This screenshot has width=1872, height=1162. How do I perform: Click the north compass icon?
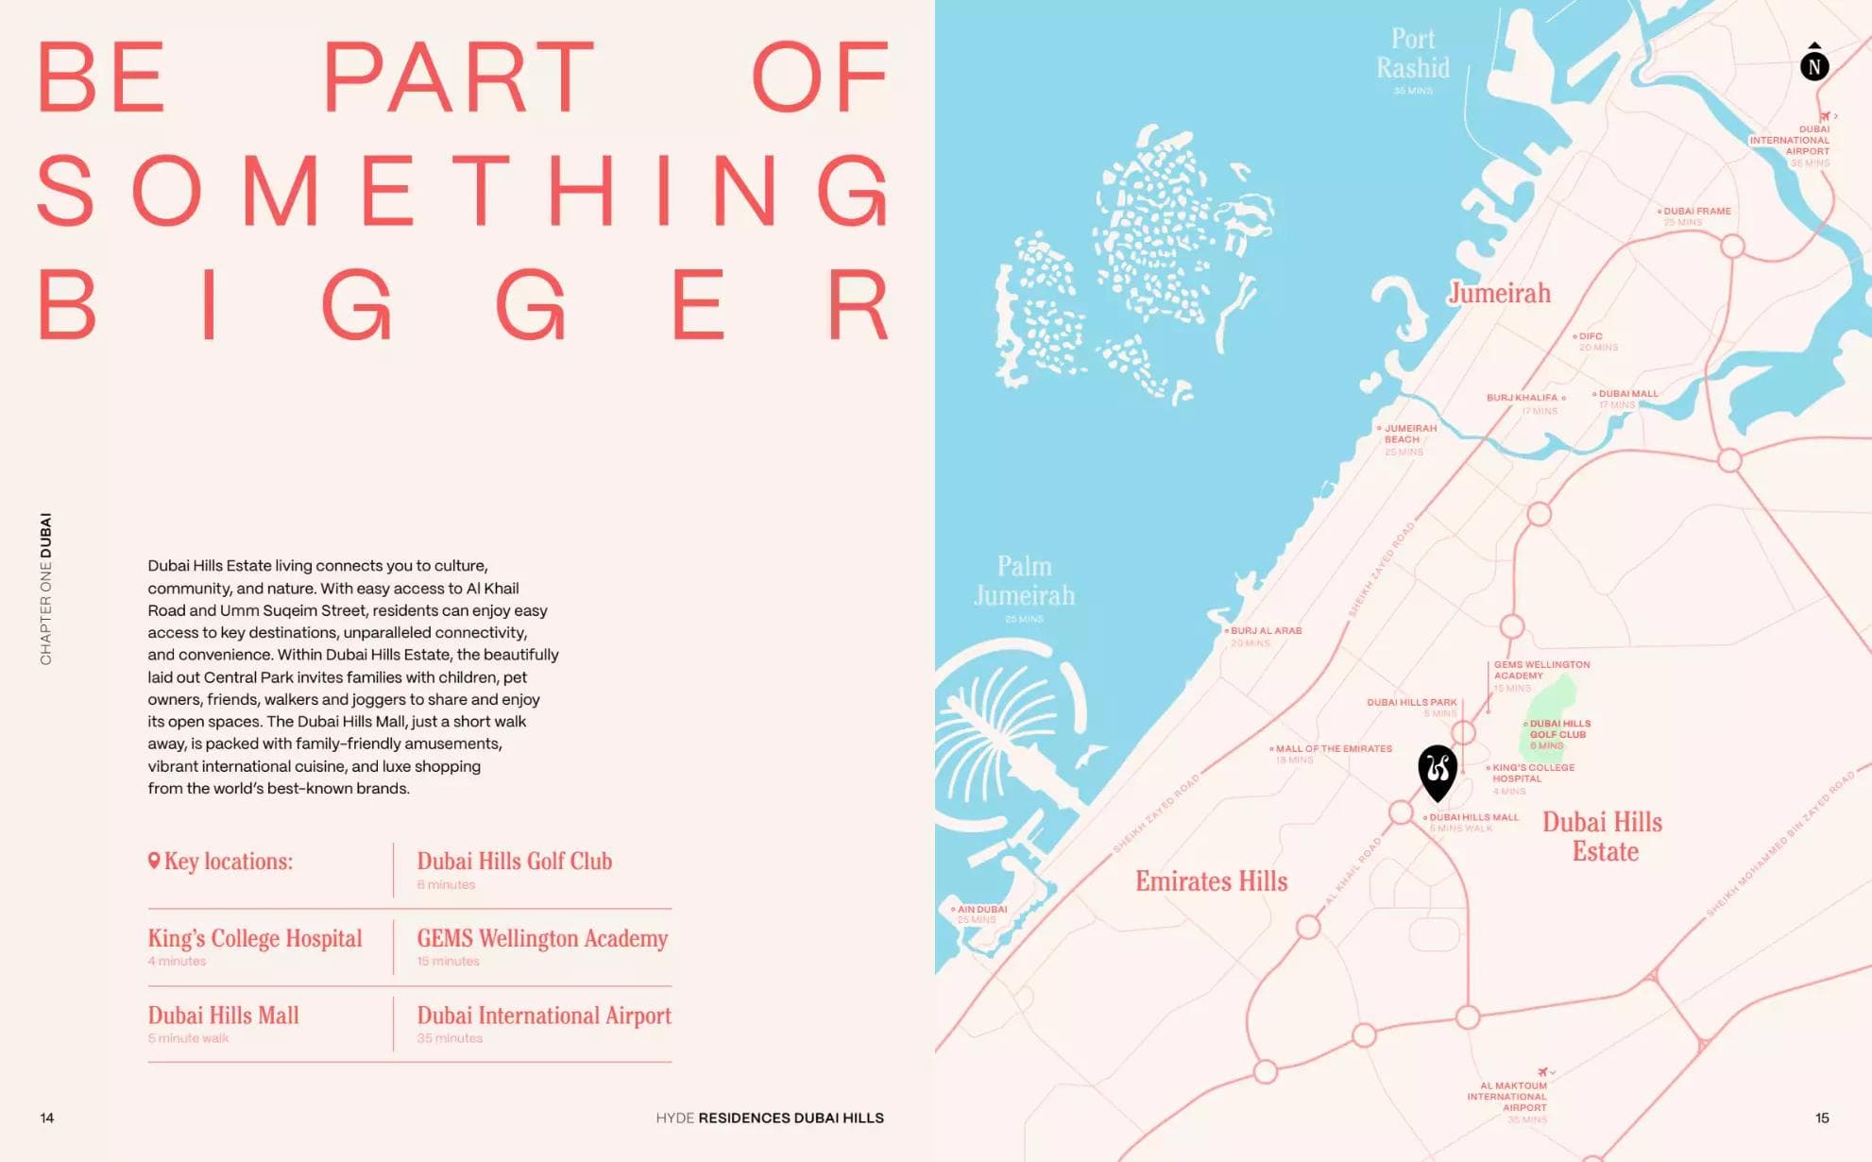pyautogui.click(x=1813, y=65)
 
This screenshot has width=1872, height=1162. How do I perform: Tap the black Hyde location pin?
pyautogui.click(x=1438, y=771)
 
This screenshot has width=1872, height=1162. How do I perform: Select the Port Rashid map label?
pyautogui.click(x=1412, y=54)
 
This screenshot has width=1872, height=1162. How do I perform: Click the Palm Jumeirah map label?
pyautogui.click(x=1024, y=581)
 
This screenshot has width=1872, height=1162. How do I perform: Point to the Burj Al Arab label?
pyautogui.click(x=1266, y=631)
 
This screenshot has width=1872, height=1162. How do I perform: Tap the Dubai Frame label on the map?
pyautogui.click(x=1696, y=212)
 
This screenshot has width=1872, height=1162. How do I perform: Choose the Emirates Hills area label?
pyautogui.click(x=1211, y=881)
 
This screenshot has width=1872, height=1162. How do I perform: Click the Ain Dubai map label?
pyautogui.click(x=981, y=910)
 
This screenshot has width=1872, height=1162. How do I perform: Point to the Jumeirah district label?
pyautogui.click(x=1499, y=293)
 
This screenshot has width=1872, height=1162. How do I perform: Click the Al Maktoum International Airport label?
pyautogui.click(x=1507, y=1097)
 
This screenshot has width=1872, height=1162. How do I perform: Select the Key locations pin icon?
pyautogui.click(x=154, y=861)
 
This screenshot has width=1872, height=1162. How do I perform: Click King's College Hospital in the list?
pyautogui.click(x=255, y=938)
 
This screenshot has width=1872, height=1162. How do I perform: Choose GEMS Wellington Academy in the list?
pyautogui.click(x=542, y=938)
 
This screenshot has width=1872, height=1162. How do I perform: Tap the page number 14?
pyautogui.click(x=47, y=1118)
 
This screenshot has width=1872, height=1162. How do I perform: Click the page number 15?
pyautogui.click(x=1822, y=1118)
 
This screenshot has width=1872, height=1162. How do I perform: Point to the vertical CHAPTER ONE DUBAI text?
pyautogui.click(x=45, y=589)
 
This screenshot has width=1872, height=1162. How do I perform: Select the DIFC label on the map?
pyautogui.click(x=1591, y=336)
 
